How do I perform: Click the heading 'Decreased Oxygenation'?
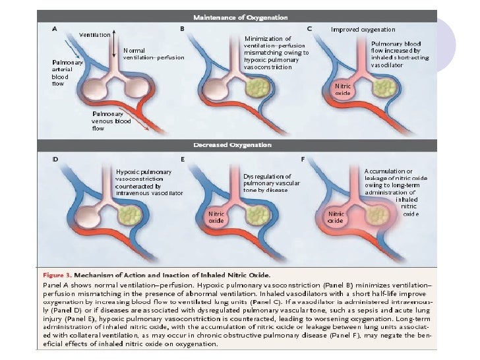(x=239, y=144)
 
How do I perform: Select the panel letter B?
(x=182, y=29)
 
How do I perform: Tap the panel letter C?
(x=309, y=29)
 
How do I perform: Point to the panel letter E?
(x=182, y=160)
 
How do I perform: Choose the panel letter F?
(x=309, y=160)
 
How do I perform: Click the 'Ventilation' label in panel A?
(x=95, y=34)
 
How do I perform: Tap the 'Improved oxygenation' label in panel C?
(x=363, y=30)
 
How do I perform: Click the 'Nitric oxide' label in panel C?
(x=344, y=90)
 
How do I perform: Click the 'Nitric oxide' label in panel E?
(x=217, y=218)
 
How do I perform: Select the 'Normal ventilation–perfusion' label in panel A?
(x=154, y=54)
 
